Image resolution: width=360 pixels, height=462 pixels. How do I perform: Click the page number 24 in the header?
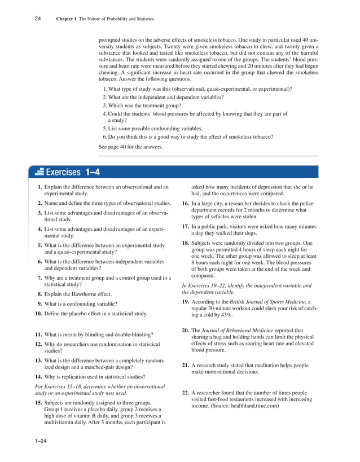point(37,19)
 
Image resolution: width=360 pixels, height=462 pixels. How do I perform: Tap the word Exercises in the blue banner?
point(63,172)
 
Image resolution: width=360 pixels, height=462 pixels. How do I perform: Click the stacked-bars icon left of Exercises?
point(39,172)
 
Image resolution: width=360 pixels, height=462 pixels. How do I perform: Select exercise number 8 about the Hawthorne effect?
point(40,294)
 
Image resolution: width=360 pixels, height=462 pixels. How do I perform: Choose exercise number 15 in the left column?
point(39,404)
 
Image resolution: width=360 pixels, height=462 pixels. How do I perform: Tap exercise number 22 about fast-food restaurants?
point(185,393)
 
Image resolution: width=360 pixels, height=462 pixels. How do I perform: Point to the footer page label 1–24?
point(40,448)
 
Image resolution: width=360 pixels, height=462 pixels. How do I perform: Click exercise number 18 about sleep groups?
point(185,243)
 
